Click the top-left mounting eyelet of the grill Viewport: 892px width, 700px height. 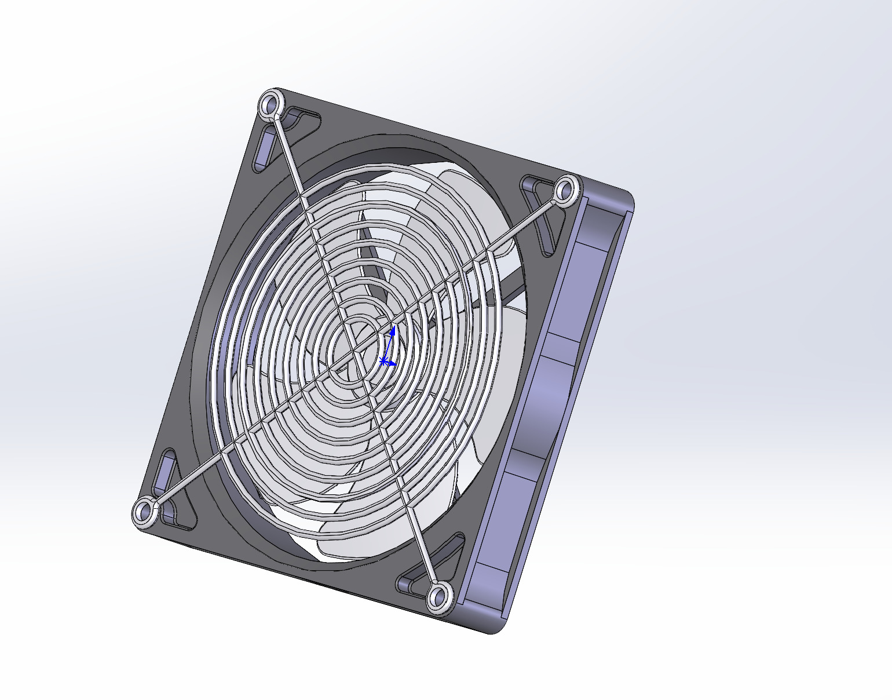point(270,105)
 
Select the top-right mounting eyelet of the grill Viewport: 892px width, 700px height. point(565,190)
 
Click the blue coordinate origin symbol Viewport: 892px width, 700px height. point(383,362)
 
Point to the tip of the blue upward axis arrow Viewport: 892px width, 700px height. point(393,329)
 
